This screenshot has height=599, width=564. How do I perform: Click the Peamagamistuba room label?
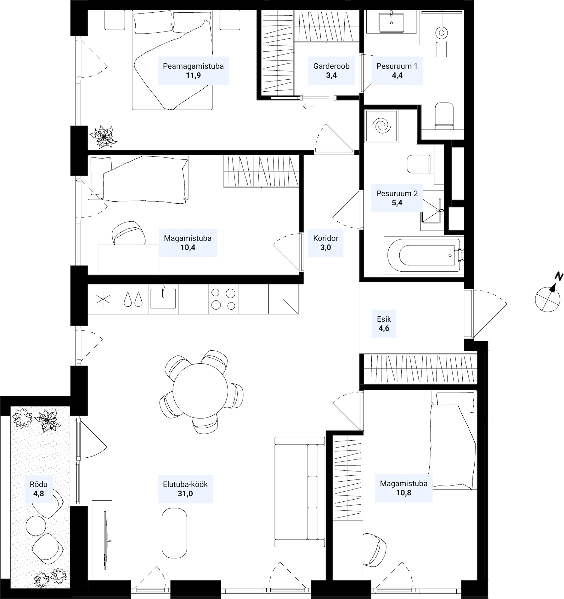pos(193,66)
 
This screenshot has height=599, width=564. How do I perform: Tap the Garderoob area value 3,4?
pos(331,75)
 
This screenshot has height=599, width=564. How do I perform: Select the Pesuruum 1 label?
pos(397,66)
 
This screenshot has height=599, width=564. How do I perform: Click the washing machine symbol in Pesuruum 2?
pos(381,126)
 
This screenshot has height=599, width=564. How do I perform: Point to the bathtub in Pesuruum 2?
pos(424,255)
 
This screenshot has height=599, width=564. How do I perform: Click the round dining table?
pos(200,391)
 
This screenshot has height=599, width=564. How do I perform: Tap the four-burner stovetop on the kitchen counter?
pos(223,299)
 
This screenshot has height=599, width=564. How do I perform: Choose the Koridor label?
pos(325,238)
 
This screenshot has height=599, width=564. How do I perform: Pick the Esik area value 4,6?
pos(384,328)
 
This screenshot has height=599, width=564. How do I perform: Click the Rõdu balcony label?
pos(39,484)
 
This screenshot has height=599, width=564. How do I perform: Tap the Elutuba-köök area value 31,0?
pos(185,494)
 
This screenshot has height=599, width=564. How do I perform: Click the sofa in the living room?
pos(300,492)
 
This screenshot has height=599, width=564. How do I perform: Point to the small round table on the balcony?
pos(36,526)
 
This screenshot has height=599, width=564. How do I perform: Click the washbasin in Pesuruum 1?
pos(391,22)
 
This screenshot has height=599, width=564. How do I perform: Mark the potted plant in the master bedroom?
pos(103,137)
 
